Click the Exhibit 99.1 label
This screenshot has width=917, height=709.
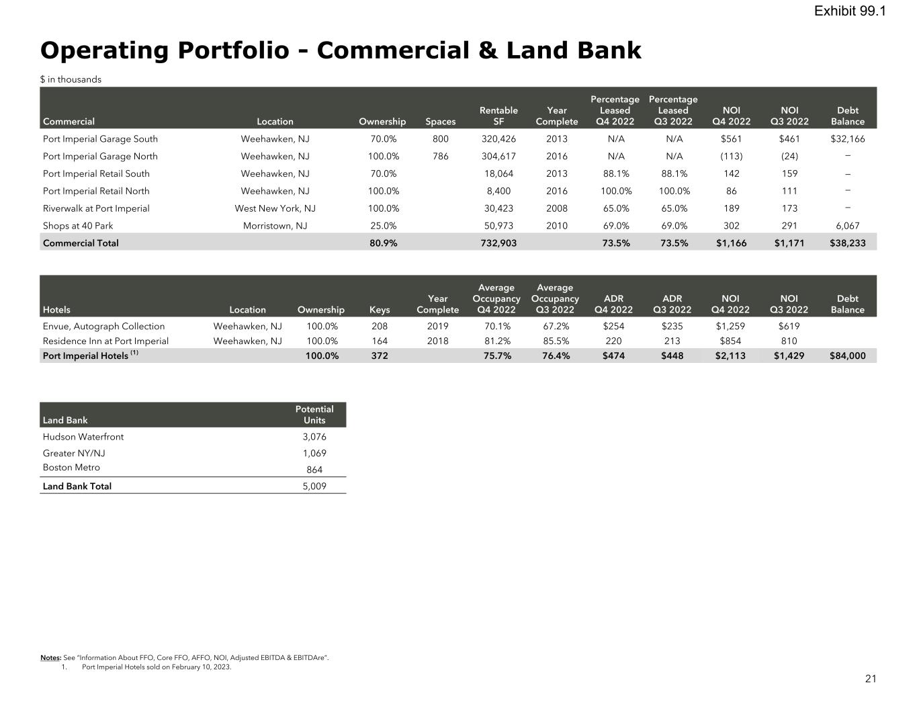[x=850, y=11]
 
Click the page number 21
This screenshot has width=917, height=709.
[x=871, y=679]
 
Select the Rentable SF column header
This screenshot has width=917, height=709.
[x=498, y=116]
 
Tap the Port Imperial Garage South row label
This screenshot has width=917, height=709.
[x=100, y=139]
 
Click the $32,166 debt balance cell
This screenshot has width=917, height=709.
[x=848, y=139]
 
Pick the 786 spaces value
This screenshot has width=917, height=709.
[x=440, y=157]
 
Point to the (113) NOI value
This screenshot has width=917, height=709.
[x=731, y=157]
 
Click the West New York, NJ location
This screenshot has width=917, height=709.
[x=275, y=208]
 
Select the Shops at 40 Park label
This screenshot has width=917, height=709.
[x=78, y=226]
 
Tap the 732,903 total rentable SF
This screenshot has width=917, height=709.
[x=499, y=243]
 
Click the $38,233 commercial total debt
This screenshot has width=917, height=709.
[x=848, y=243]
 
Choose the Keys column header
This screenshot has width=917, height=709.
[x=380, y=310]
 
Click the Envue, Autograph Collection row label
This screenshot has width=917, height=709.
[x=103, y=327]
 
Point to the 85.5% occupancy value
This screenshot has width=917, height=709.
[x=556, y=341]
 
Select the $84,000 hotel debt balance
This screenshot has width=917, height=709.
[x=848, y=356]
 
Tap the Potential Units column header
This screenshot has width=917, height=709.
[x=314, y=415]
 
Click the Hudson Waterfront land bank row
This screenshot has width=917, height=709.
[x=83, y=437]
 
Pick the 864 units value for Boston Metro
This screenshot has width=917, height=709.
[x=314, y=470]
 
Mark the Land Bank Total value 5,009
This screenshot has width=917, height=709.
[x=314, y=487]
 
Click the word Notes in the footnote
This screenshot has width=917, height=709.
[x=50, y=658]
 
